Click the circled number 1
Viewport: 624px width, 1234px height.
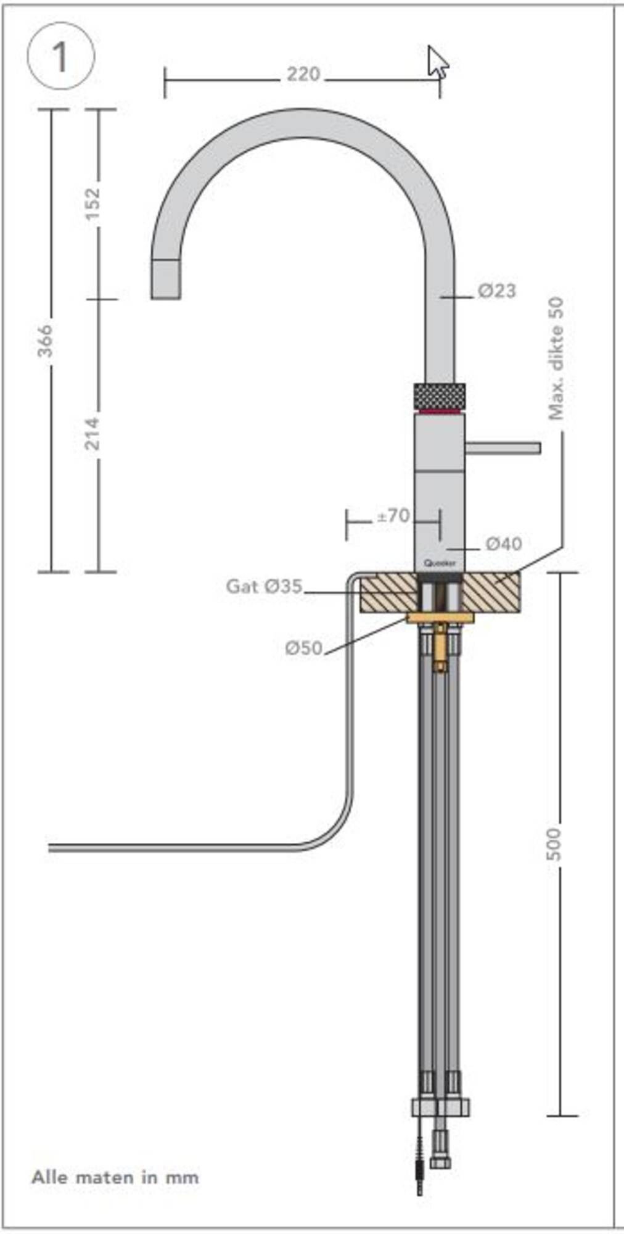click(x=60, y=57)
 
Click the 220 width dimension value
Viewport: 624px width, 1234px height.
click(x=303, y=75)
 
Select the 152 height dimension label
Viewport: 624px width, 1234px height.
click(x=92, y=204)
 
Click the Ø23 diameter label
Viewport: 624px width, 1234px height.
click(x=497, y=290)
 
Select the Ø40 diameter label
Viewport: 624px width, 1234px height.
click(x=503, y=544)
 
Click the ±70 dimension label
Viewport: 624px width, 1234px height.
click(x=393, y=516)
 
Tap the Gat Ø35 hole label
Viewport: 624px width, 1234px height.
click(x=264, y=586)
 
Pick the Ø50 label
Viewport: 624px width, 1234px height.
click(x=303, y=648)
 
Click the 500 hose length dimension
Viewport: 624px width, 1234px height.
click(x=554, y=844)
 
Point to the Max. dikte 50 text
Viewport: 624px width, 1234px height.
click(x=556, y=358)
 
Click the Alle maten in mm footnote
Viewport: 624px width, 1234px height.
click(x=115, y=1177)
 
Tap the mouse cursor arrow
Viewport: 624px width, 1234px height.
click(x=437, y=62)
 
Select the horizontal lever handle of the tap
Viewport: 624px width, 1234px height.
click(x=503, y=447)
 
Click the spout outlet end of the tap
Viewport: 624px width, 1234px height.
click(x=166, y=281)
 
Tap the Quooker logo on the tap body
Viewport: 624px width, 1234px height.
click(x=440, y=563)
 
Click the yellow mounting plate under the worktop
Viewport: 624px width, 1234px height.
click(x=440, y=618)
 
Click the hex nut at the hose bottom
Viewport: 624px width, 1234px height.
click(x=440, y=1108)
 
